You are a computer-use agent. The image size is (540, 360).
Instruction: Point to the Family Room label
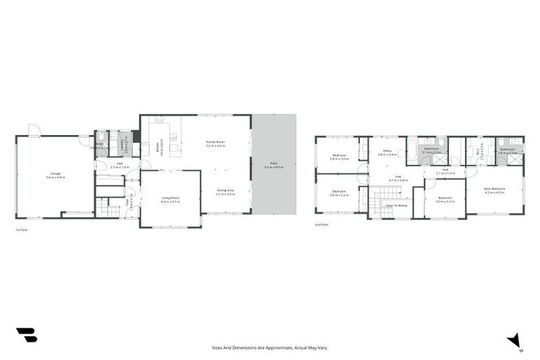click(x=215, y=143)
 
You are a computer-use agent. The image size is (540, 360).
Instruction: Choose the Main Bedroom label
click(x=494, y=190)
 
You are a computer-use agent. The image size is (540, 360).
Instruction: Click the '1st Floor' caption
click(x=22, y=230)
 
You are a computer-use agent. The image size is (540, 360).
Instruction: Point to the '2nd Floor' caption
click(x=322, y=224)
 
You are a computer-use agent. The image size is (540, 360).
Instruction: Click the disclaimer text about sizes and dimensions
click(x=270, y=347)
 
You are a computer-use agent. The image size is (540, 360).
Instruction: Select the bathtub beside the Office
click(x=411, y=148)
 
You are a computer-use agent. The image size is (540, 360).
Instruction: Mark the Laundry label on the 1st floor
click(x=124, y=146)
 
